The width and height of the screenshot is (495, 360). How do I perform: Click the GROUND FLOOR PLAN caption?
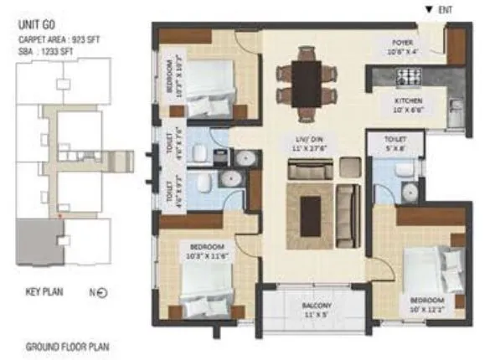pyautogui.click(x=67, y=346)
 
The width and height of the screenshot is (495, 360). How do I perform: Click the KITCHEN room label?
pyautogui.click(x=408, y=104)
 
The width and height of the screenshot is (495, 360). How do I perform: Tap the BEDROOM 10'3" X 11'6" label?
pyautogui.click(x=204, y=252)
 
